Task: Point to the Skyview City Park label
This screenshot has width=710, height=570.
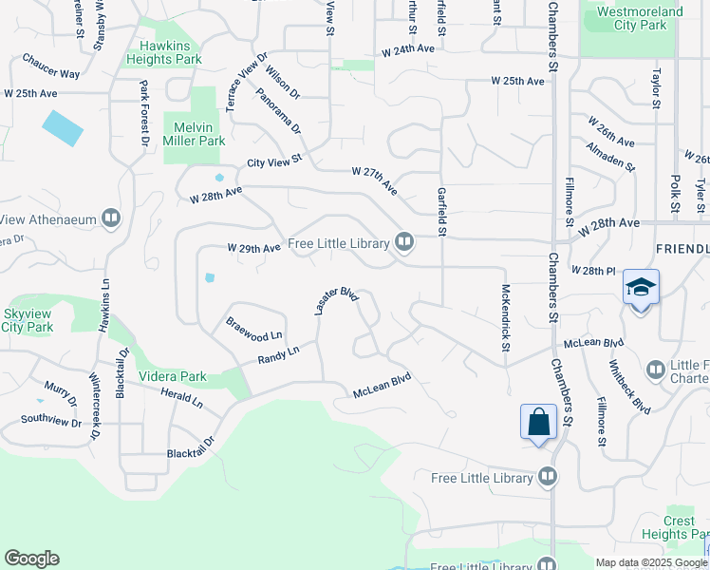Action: [x=26, y=320]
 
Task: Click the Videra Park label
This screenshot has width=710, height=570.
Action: [x=173, y=376]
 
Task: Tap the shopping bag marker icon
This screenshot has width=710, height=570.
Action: [x=538, y=421]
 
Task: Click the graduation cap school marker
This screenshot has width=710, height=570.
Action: [x=641, y=287]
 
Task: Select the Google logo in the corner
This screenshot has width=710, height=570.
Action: [x=31, y=559]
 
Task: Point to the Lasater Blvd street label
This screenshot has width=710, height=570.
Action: [x=336, y=302]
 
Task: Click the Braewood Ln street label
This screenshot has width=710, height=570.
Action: [x=254, y=330]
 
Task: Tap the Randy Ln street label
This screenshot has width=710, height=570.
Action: [x=278, y=354]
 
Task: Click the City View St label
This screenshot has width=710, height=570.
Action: [x=273, y=161]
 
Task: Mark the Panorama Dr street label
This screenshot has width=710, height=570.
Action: [x=278, y=110]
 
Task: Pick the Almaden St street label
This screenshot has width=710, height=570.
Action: [x=610, y=157]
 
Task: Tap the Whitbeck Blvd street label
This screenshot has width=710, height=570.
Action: [x=631, y=390]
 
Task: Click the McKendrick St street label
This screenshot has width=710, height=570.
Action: [x=505, y=323]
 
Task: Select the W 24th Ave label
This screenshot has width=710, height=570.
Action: [x=408, y=49]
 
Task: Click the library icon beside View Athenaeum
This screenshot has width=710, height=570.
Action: [x=112, y=219]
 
